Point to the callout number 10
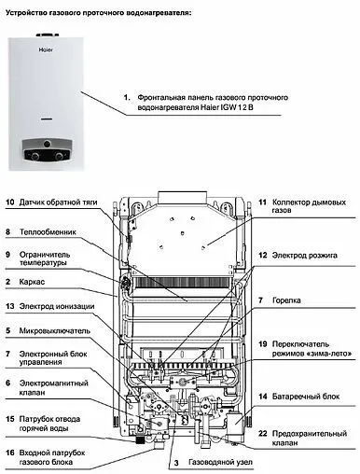pos(9,202)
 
